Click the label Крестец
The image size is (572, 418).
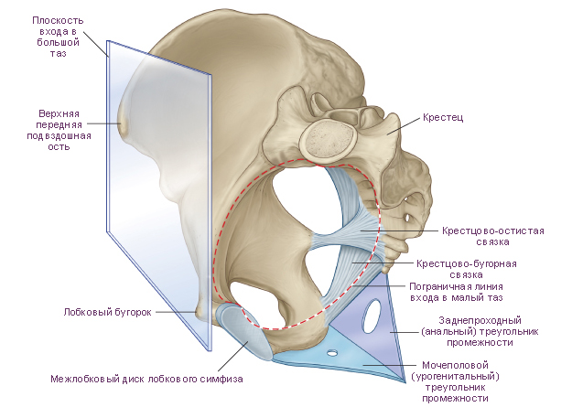(x=443, y=118)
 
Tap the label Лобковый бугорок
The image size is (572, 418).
(x=108, y=312)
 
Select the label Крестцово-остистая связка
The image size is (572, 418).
(x=493, y=236)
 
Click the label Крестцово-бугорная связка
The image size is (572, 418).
(x=467, y=269)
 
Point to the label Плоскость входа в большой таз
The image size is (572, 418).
(x=58, y=37)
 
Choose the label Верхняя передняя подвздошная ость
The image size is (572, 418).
(x=59, y=130)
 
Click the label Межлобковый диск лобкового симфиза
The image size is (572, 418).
(x=146, y=379)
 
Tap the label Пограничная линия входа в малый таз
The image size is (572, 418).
(x=456, y=293)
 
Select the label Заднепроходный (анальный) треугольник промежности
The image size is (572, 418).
(x=480, y=331)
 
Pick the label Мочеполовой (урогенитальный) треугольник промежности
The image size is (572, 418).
(x=455, y=381)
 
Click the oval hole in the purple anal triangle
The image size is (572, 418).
(x=372, y=316)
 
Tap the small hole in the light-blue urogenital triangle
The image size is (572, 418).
(x=332, y=352)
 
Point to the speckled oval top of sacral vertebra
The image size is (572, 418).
(x=328, y=140)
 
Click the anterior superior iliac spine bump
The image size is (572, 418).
(x=124, y=123)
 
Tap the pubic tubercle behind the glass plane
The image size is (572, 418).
(x=200, y=312)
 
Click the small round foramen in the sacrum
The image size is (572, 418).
(x=407, y=218)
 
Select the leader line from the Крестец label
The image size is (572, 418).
(x=404, y=125)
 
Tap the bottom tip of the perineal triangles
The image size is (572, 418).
(x=405, y=381)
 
